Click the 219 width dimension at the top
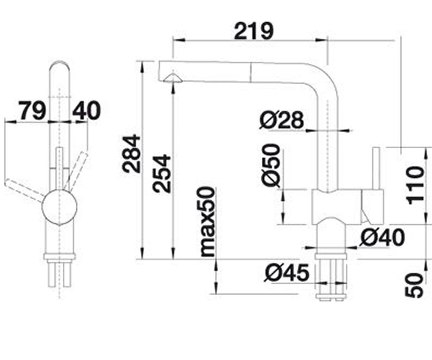click(x=254, y=31)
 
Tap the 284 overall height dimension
click(x=131, y=154)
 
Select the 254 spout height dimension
click(x=162, y=174)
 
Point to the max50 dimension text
click(x=208, y=222)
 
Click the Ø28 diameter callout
click(x=282, y=120)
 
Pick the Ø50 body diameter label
click(x=271, y=166)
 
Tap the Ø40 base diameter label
click(x=382, y=238)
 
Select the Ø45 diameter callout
click(x=287, y=273)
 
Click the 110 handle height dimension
click(x=415, y=185)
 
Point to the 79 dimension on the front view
click(x=32, y=111)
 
